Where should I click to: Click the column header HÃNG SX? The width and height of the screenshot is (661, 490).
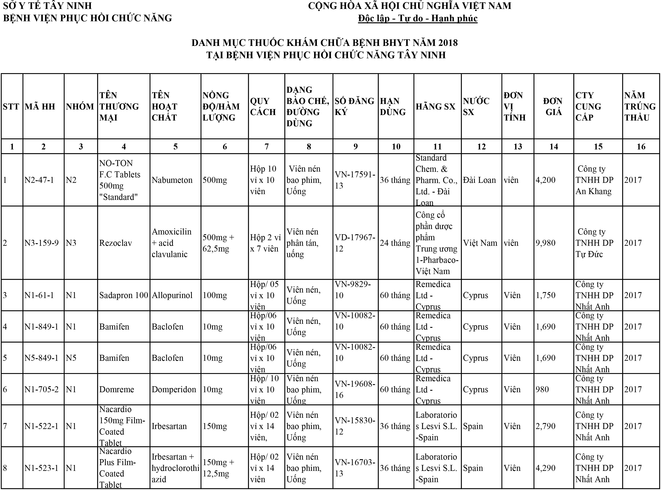coord(435,107)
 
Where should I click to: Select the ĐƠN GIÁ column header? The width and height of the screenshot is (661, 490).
coord(553,107)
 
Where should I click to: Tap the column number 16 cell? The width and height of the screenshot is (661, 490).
coord(641,146)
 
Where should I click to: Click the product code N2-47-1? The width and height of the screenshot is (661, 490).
coord(39,180)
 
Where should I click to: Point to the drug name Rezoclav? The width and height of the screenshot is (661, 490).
coord(115,243)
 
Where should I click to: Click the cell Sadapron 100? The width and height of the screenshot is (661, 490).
coord(124,295)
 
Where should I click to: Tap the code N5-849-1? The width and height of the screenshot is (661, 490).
coord(41,358)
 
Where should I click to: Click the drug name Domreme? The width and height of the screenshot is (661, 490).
coord(116,389)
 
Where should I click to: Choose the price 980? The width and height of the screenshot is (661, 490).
coord(542,389)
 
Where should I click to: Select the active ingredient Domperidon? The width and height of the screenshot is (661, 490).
coord(174,389)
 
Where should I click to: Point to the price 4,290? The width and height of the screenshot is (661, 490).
coord(545,468)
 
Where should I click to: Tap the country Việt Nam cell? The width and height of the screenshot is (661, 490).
coord(480,243)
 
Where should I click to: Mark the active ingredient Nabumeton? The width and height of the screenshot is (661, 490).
coord(172,180)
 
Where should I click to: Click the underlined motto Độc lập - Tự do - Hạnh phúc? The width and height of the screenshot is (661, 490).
coord(418,18)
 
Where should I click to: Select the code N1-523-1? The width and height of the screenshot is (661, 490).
coord(41,468)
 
